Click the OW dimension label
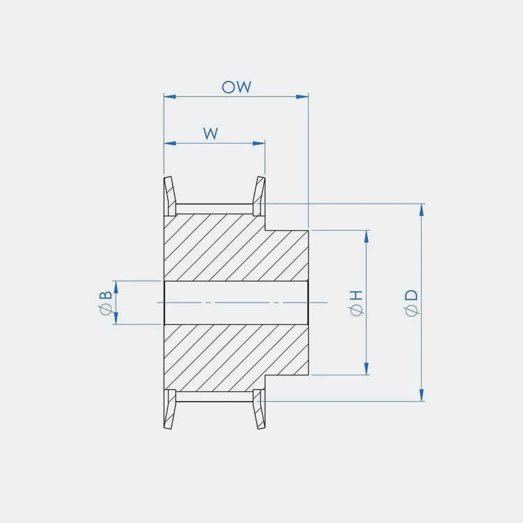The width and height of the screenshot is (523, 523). coord(236,86)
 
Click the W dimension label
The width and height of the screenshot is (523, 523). coord(211,133)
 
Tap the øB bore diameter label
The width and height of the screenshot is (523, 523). coord(106,303)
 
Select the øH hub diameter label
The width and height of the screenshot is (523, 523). coord(355,303)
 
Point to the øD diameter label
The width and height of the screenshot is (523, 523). coord(411,303)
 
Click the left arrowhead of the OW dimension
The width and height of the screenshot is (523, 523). coord(169,97)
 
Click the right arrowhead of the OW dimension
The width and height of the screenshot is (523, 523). coord(302,97)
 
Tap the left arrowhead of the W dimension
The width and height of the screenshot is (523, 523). coord(169,144)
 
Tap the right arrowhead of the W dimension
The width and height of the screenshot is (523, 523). coord(259,144)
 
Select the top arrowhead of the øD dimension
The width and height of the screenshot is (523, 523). coord(422,210)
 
